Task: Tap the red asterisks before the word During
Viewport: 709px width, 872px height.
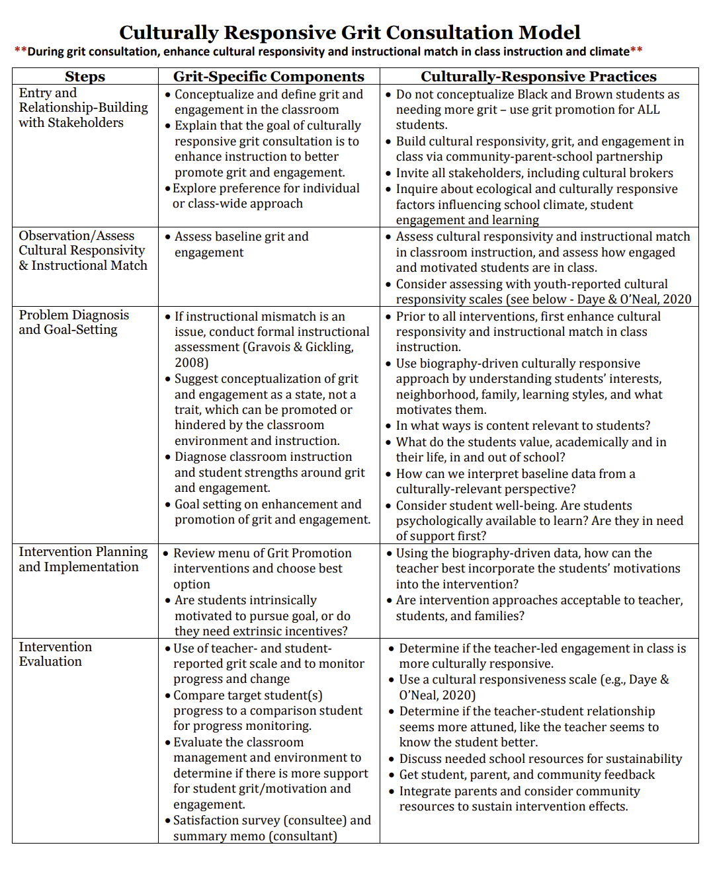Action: (x=21, y=52)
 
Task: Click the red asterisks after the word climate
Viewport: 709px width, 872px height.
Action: (x=636, y=52)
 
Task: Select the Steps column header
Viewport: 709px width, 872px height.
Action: (x=85, y=77)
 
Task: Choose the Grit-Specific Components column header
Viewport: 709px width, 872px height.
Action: (x=269, y=77)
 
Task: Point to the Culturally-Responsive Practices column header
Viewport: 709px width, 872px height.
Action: (x=538, y=77)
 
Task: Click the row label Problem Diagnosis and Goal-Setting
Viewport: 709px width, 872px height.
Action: (x=73, y=323)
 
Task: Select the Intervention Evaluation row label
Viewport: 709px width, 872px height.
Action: (x=55, y=654)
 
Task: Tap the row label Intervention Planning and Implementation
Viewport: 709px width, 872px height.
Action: (x=83, y=559)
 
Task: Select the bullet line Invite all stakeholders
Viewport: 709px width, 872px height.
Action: (x=534, y=173)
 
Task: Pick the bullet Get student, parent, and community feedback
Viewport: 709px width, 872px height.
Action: (x=526, y=775)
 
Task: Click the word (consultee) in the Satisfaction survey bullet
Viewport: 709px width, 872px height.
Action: (x=315, y=820)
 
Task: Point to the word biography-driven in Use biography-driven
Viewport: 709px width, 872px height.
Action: (x=465, y=364)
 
